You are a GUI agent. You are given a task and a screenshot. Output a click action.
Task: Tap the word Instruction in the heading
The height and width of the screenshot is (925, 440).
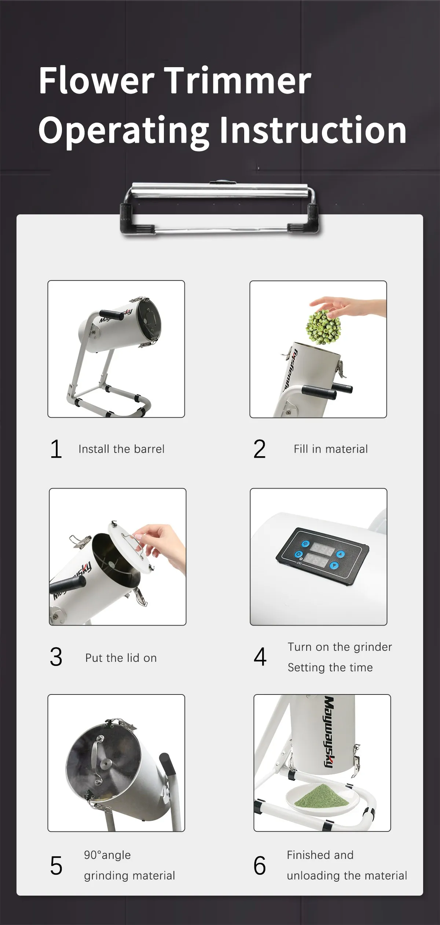click(313, 130)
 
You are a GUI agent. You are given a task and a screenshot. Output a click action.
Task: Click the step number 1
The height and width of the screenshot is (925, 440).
click(56, 449)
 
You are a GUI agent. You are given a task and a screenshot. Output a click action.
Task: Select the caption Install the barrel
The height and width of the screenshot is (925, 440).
click(121, 449)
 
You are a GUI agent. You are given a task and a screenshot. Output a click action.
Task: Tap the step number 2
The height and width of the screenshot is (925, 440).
click(259, 449)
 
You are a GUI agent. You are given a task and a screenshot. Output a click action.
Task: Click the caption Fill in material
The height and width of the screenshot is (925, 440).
click(330, 449)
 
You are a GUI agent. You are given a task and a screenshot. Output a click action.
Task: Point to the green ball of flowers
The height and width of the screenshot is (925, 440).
click(323, 327)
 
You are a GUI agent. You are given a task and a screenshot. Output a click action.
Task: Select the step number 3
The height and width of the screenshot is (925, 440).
click(56, 657)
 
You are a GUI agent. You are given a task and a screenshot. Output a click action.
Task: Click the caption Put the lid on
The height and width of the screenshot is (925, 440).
click(121, 658)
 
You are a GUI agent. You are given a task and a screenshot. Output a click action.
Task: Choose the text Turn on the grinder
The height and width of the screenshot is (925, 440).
click(340, 647)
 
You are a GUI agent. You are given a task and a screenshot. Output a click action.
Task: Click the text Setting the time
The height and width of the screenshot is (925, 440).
click(330, 667)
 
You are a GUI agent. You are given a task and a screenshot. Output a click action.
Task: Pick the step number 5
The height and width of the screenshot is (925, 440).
click(56, 866)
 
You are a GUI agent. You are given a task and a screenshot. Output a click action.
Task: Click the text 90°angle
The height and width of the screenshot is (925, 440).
click(107, 855)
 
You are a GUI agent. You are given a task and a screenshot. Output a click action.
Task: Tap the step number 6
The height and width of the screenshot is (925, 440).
click(259, 866)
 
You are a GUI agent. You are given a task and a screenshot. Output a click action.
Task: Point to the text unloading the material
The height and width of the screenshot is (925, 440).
click(346, 875)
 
